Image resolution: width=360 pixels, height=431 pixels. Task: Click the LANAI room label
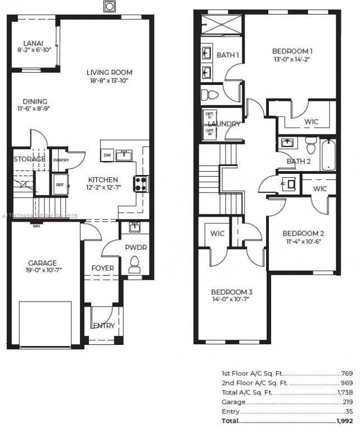pos(29,43)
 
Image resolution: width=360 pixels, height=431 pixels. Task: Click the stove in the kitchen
pos(140,183)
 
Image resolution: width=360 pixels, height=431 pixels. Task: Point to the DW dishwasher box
pos(107,155)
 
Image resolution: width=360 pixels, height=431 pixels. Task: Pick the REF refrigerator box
pos(59,184)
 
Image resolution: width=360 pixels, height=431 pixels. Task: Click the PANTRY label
pos(60,160)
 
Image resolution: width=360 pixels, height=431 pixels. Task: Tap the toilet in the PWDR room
pos(134,264)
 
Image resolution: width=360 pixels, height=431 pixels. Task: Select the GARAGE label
pos(43,263)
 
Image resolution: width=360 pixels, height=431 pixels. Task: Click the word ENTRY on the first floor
pos(103,326)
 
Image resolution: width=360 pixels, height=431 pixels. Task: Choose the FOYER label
pos(102,268)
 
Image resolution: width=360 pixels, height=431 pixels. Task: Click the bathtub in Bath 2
pos(328,154)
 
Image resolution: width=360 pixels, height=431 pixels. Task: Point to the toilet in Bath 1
pos(205,93)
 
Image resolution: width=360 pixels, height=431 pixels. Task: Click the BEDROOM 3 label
pos(231,292)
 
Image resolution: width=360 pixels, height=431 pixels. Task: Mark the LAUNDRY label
pos(224,124)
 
